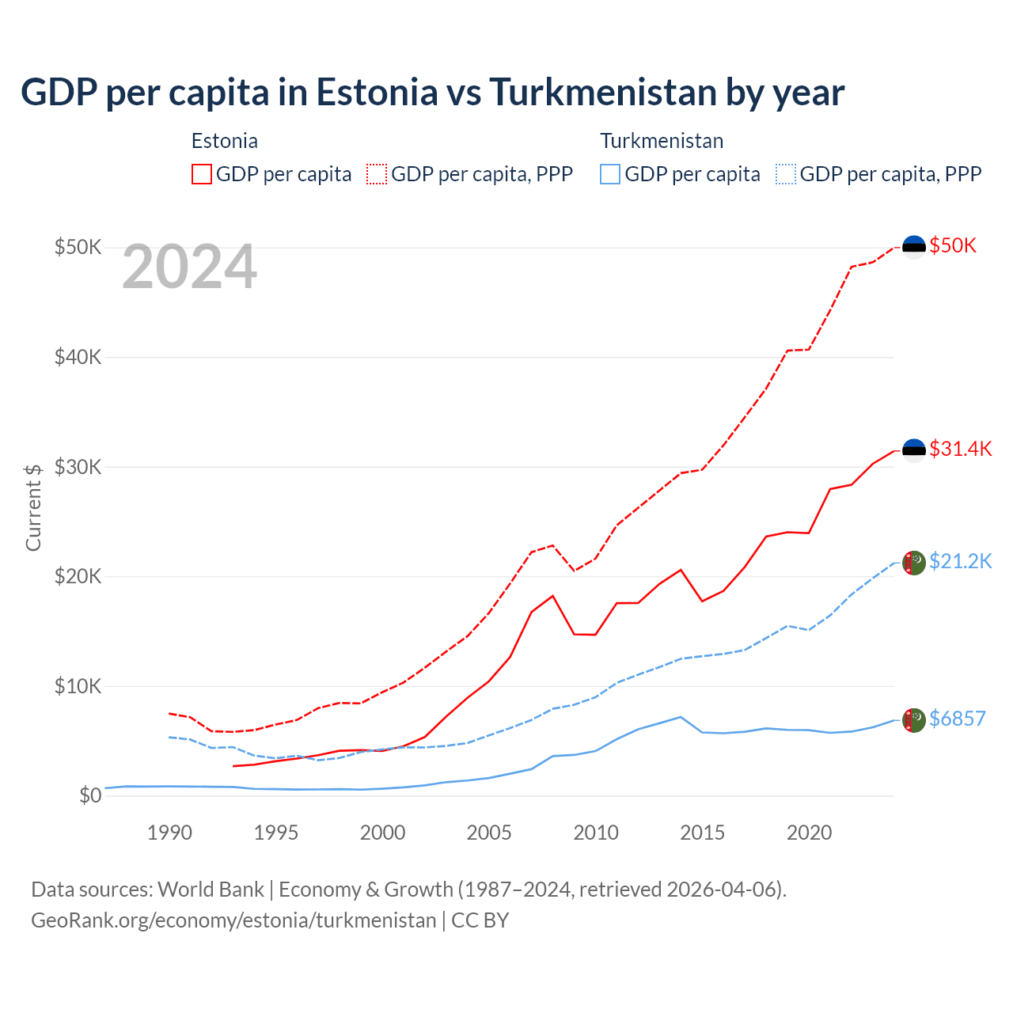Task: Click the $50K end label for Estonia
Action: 953,245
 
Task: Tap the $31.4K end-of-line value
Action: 960,449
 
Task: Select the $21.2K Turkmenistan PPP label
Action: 960,561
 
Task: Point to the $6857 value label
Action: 957,719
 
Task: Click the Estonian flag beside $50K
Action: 914,247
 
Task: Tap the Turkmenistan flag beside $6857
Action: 914,720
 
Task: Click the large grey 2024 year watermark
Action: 189,267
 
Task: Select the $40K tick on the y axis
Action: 78,357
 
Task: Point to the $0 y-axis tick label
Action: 90,795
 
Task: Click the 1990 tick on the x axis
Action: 169,833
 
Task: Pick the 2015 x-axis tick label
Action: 702,833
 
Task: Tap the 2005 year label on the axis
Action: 489,833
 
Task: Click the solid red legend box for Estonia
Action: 202,174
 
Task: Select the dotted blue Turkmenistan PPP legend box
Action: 786,174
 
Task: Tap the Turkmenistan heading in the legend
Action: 662,141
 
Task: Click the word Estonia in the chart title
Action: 377,93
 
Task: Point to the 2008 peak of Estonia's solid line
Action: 552,595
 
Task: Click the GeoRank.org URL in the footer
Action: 233,920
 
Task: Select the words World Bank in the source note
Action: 211,890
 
